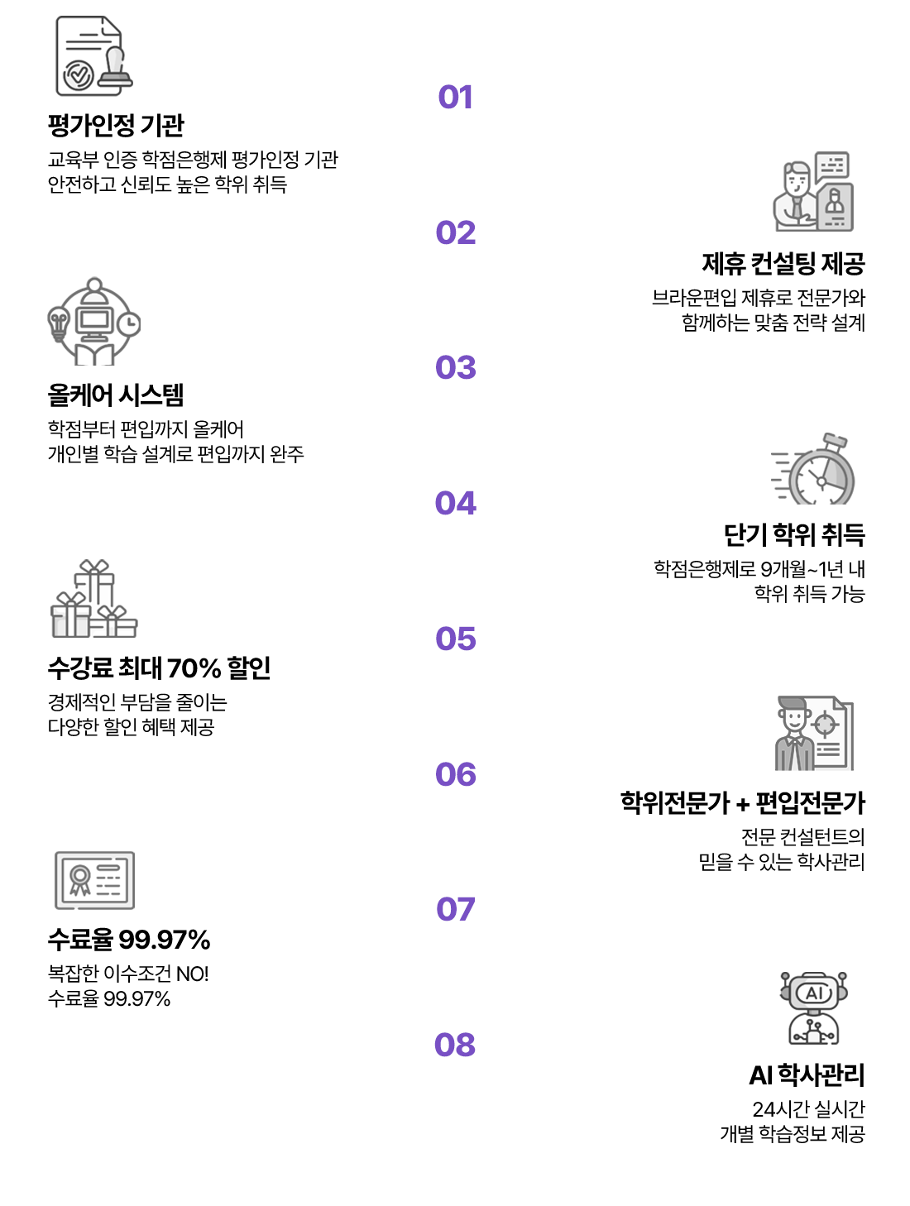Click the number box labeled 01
pos(455,97)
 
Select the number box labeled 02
pos(455,232)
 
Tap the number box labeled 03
pos(455,367)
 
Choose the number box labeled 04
pos(455,503)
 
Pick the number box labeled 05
pos(455,639)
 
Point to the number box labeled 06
pos(455,774)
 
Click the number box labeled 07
pos(455,909)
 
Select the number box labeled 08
pos(455,1045)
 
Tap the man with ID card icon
pos(812,192)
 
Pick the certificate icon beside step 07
pos(94,880)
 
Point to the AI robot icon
pos(814,1008)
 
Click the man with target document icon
pos(813,735)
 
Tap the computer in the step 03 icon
pos(94,320)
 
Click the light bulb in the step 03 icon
pos(58,321)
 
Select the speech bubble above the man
pos(832,165)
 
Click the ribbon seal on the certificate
pos(80,878)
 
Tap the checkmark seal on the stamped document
pos(78,75)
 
